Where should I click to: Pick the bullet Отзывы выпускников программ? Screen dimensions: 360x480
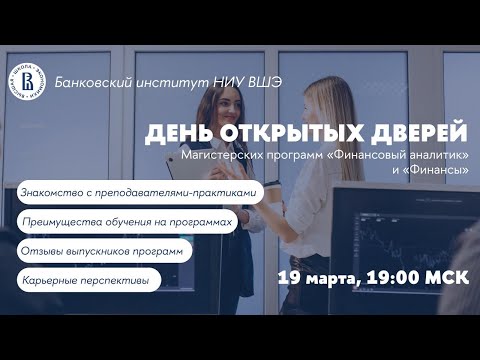point(100,251)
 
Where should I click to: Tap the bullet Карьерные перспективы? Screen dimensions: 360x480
point(84,281)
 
